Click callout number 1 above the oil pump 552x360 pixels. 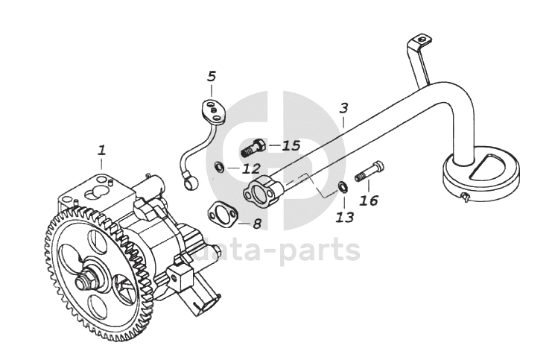point(101,149)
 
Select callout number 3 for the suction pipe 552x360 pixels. point(343,108)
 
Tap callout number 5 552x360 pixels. point(212,76)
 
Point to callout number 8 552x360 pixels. point(256,223)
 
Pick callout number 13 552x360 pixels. point(344,217)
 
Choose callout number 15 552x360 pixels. point(291,145)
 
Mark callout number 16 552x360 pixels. point(369,200)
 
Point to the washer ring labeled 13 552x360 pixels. point(341,186)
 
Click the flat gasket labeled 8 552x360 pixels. point(222,215)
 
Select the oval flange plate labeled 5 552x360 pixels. point(215,110)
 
